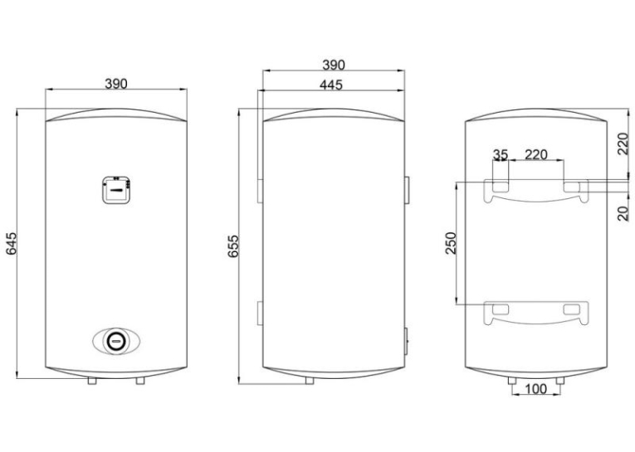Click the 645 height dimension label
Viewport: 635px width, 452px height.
(12, 244)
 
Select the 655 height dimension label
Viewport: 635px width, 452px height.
(233, 246)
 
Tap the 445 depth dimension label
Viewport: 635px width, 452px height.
(331, 85)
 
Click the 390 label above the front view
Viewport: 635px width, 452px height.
(116, 84)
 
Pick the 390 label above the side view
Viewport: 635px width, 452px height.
(334, 65)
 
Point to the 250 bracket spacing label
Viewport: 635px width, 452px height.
(451, 243)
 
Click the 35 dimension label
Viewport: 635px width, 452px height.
(501, 154)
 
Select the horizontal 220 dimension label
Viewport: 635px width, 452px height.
(535, 154)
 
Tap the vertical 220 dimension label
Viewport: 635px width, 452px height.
(624, 143)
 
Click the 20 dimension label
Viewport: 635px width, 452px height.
(624, 213)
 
